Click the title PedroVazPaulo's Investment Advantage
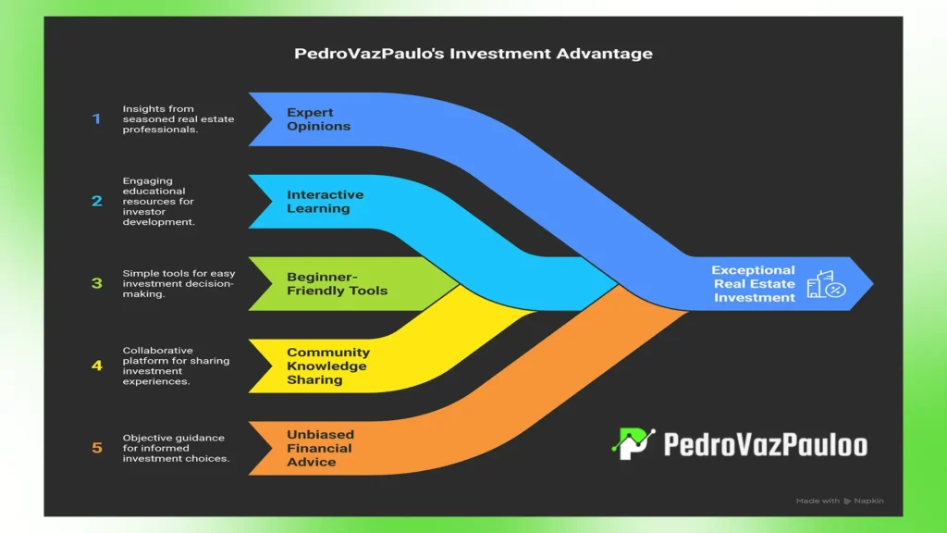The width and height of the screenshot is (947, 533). pyautogui.click(x=473, y=54)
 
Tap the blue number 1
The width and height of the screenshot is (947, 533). pyautogui.click(x=96, y=119)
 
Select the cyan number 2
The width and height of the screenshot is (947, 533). pyautogui.click(x=96, y=201)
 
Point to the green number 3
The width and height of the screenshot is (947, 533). pyautogui.click(x=96, y=283)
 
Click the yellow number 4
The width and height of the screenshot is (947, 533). pyautogui.click(x=96, y=366)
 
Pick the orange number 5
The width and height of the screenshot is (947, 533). pyautogui.click(x=96, y=448)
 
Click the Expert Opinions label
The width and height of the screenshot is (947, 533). pyautogui.click(x=318, y=119)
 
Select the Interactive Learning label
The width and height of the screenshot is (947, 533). pyautogui.click(x=325, y=202)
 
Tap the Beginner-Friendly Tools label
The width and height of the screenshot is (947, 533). pyautogui.click(x=337, y=283)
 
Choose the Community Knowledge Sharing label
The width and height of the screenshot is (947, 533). pyautogui.click(x=327, y=366)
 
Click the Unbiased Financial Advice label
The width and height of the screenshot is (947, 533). pyautogui.click(x=319, y=448)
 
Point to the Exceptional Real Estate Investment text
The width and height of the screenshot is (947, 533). pyautogui.click(x=754, y=283)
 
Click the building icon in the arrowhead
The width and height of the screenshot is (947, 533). pyautogui.click(x=825, y=284)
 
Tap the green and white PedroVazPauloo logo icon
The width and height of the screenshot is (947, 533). pyautogui.click(x=633, y=444)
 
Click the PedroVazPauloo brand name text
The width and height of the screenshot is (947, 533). pyautogui.click(x=765, y=444)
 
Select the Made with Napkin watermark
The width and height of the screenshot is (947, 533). pyautogui.click(x=839, y=501)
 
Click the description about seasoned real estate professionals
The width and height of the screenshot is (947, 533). pyautogui.click(x=165, y=119)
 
